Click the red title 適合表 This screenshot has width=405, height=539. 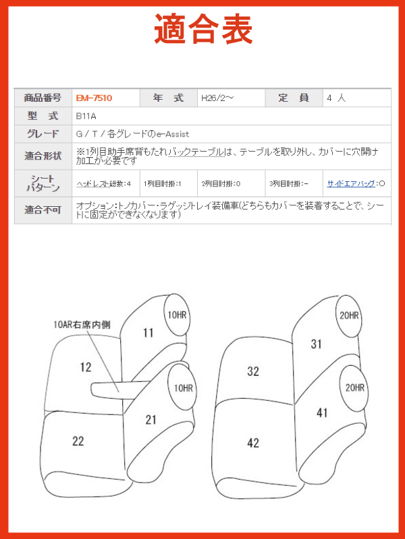(x=203, y=29)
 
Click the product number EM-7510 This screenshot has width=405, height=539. (x=94, y=98)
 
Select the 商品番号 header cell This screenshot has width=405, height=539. (x=43, y=98)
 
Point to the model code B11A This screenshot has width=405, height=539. (x=86, y=116)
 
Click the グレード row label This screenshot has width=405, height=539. (x=43, y=133)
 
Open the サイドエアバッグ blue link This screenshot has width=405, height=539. (x=351, y=183)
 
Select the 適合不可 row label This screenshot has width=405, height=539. (x=43, y=210)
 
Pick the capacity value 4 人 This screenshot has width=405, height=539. (x=336, y=98)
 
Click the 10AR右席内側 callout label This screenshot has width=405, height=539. (x=82, y=325)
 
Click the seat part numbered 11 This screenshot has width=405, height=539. (x=148, y=333)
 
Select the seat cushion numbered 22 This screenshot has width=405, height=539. (x=78, y=441)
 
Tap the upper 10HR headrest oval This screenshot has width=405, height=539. (x=177, y=314)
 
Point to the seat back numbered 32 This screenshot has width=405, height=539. (x=253, y=371)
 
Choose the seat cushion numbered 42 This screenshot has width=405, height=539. (x=253, y=443)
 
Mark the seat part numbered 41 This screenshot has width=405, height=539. (x=322, y=413)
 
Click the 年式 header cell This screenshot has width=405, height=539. (x=168, y=98)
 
